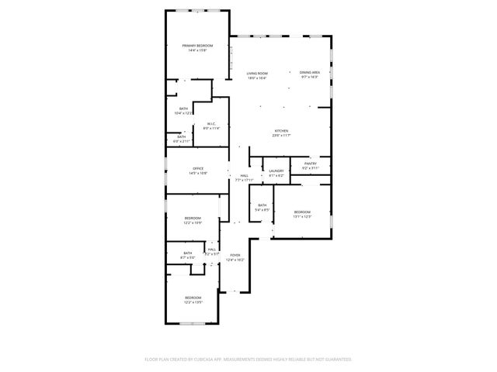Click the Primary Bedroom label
coord(197,46)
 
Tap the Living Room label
coord(257,74)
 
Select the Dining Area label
coord(310,73)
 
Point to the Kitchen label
coord(281,131)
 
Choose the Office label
coord(198,169)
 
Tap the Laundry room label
coord(276,172)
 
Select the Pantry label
coord(310,164)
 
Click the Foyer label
coord(235,255)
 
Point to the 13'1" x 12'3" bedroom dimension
coord(302,217)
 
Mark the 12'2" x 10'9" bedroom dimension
coord(193,223)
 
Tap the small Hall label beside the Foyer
coord(212,249)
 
